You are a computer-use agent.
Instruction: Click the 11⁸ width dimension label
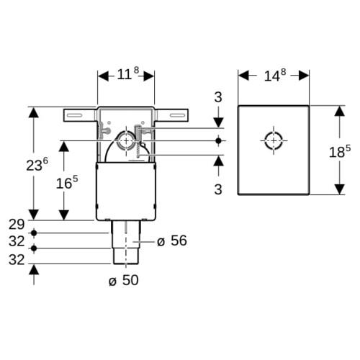pos(128,73)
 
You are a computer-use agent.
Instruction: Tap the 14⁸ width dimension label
pos(275,75)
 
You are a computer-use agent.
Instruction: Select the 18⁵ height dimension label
pos(340,151)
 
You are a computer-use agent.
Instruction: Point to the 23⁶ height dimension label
pos(37,164)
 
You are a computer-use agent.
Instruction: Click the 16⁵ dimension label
pos(67,182)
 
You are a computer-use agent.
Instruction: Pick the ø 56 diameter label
pos(172,240)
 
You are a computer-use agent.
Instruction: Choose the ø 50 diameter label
pos(124,280)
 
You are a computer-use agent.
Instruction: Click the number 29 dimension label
pos(17,225)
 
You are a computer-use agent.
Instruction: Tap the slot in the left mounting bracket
pos(74,115)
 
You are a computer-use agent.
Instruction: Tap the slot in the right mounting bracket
pos(178,115)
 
